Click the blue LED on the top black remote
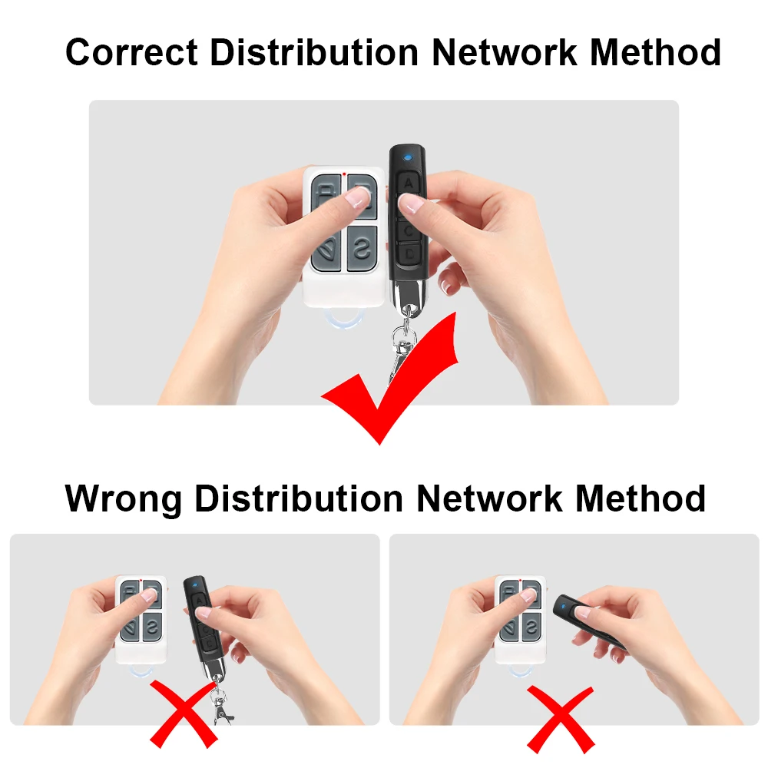tap(408, 161)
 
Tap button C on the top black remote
tap(409, 229)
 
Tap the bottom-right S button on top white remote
tap(361, 247)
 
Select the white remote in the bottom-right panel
tap(521, 618)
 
